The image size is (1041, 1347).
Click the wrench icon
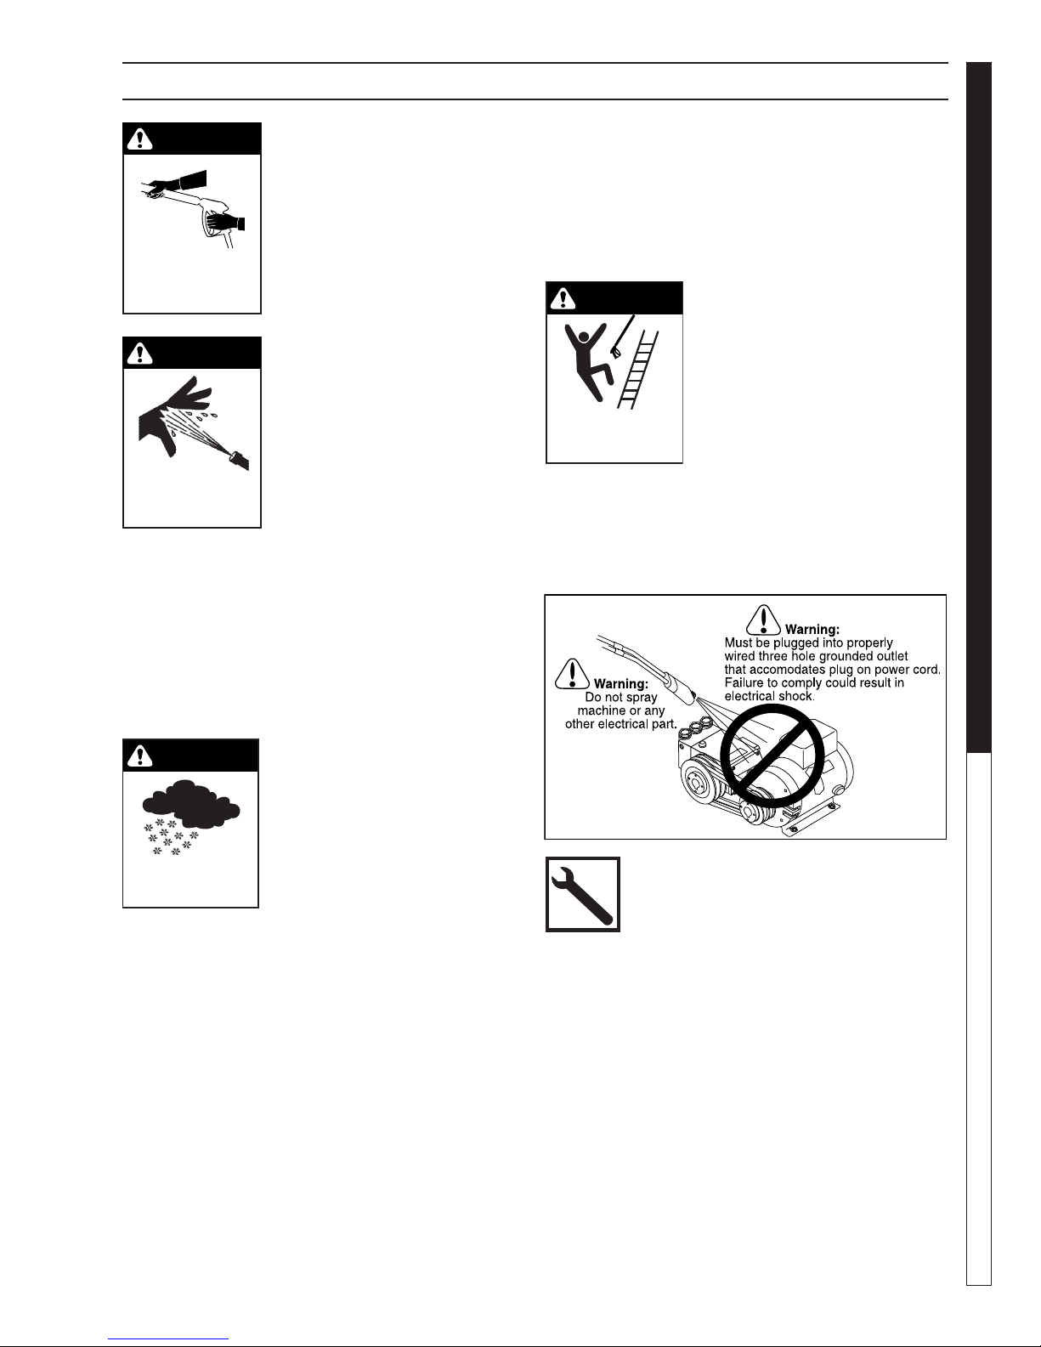point(582,895)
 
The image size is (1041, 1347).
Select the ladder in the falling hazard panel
point(637,370)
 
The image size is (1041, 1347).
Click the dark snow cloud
point(191,804)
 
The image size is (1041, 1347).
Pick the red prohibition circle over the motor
point(772,756)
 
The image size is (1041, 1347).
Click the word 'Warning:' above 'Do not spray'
point(621,684)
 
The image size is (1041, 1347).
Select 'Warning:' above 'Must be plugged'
point(812,630)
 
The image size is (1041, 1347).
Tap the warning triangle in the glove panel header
point(139,139)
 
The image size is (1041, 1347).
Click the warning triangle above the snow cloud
point(139,756)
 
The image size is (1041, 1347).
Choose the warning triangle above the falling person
point(563,299)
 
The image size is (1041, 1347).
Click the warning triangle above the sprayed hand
point(139,354)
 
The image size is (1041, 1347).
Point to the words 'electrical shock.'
point(769,696)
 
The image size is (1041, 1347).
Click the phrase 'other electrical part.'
point(621,724)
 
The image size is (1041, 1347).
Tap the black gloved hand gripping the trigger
point(225,221)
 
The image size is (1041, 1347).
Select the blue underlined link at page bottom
point(168,1339)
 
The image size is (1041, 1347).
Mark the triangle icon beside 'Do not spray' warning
point(572,674)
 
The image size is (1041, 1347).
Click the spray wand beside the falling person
point(623,337)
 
